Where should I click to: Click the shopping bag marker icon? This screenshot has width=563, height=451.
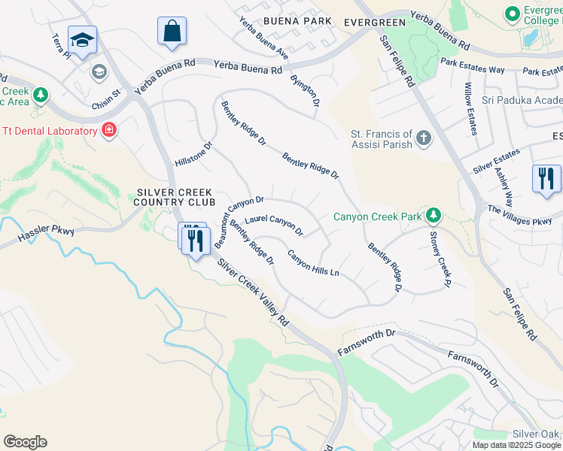(172, 32)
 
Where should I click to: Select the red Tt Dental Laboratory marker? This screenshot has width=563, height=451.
(109, 130)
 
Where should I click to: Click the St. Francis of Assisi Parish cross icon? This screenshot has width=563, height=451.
(424, 138)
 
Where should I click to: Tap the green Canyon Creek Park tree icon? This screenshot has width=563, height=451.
(433, 216)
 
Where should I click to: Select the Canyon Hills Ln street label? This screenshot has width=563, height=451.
(314, 262)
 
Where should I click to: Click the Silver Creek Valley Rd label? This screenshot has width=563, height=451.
(253, 289)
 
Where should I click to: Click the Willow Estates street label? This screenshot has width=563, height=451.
(470, 108)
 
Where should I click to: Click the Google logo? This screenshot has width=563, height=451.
(25, 442)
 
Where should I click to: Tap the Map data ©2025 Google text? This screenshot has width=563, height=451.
(516, 445)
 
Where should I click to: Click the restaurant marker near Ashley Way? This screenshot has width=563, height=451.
(545, 179)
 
